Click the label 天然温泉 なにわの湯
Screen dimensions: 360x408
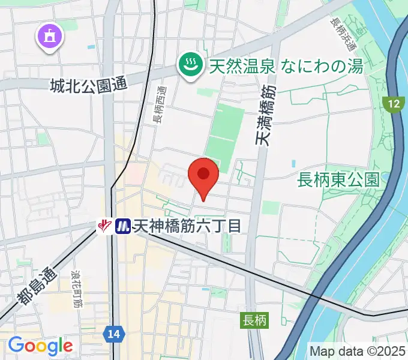(286, 65)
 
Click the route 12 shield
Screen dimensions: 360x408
(393, 104)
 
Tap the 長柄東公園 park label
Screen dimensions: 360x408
(340, 179)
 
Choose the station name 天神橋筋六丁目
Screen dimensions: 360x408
(187, 226)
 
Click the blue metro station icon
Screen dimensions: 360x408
(122, 226)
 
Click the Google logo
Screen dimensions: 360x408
(40, 345)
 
